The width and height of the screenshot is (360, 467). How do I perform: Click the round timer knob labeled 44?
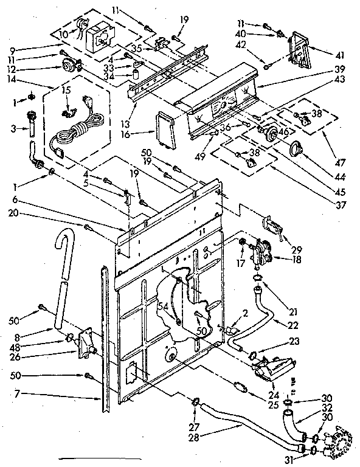pyautogui.click(x=297, y=147)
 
